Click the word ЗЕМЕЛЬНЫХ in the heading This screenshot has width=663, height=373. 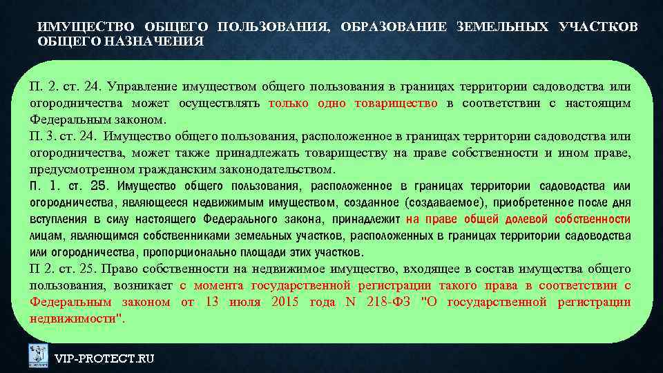[503, 27]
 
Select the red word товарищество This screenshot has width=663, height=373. [396, 103]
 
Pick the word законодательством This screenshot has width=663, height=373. [280, 169]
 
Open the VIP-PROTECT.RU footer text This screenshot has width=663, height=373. [104, 358]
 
